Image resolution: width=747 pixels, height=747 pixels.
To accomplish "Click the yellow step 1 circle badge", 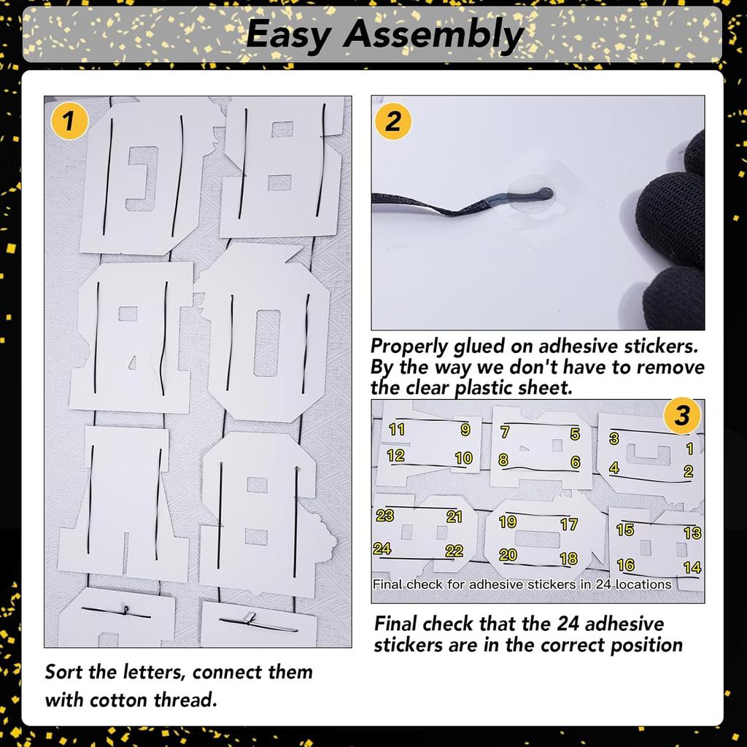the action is click(69, 120).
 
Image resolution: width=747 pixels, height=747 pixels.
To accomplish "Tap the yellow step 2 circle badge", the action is click(393, 122).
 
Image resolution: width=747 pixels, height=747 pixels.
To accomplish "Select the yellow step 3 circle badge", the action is click(682, 415).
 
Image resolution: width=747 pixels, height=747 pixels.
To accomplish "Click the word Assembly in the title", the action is click(433, 35).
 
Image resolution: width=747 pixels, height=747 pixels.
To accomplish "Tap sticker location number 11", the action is click(396, 429).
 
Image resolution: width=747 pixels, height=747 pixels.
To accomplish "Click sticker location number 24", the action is click(382, 549).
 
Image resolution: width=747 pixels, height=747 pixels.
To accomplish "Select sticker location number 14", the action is click(692, 568).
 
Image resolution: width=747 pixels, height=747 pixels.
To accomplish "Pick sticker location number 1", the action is click(689, 449).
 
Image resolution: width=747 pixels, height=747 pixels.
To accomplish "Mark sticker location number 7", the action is click(505, 432).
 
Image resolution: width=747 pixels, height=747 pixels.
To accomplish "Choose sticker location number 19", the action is click(508, 522).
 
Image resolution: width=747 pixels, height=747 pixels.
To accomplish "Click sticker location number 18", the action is click(569, 558).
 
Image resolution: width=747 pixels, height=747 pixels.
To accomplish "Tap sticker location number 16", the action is click(625, 565).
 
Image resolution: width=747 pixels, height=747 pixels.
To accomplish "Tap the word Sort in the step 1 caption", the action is click(64, 672).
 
